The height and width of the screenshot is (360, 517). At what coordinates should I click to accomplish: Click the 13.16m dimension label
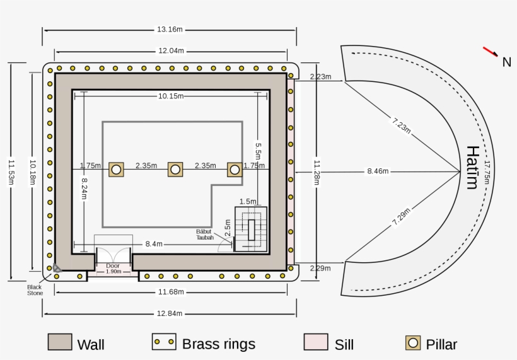pos(170,29)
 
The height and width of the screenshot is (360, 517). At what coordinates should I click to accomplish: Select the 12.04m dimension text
pos(170,50)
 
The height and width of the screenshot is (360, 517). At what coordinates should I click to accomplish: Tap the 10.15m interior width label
pos(170,96)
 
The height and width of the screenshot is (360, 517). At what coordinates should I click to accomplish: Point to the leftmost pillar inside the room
pos(116,170)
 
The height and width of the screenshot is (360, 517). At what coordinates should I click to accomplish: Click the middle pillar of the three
pos(175,170)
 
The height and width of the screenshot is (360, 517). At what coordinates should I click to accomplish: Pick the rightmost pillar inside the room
pos(235,170)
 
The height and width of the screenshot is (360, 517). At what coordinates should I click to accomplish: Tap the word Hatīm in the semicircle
pos(472,167)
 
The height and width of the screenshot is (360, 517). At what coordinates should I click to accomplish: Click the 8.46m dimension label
pos(378,171)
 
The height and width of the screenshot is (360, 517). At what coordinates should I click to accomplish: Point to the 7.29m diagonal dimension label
pos(401,216)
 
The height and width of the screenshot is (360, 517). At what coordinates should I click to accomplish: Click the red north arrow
pos(491,51)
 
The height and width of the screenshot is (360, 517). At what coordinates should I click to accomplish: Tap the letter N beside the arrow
pos(506,62)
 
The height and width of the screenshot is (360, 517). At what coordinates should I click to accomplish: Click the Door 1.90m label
pos(113,269)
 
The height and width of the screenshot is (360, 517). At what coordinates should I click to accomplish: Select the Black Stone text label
pos(34,289)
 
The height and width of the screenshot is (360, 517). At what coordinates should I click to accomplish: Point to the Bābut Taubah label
pos(205,235)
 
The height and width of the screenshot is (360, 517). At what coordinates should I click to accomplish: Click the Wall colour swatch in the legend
pos(60,342)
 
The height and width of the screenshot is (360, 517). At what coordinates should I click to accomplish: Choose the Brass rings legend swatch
pos(164,342)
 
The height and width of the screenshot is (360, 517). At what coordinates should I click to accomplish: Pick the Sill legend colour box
pos(315,342)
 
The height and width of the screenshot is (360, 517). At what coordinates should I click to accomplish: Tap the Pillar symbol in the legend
pos(414,342)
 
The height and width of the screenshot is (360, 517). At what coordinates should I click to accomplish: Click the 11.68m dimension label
pos(170,292)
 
